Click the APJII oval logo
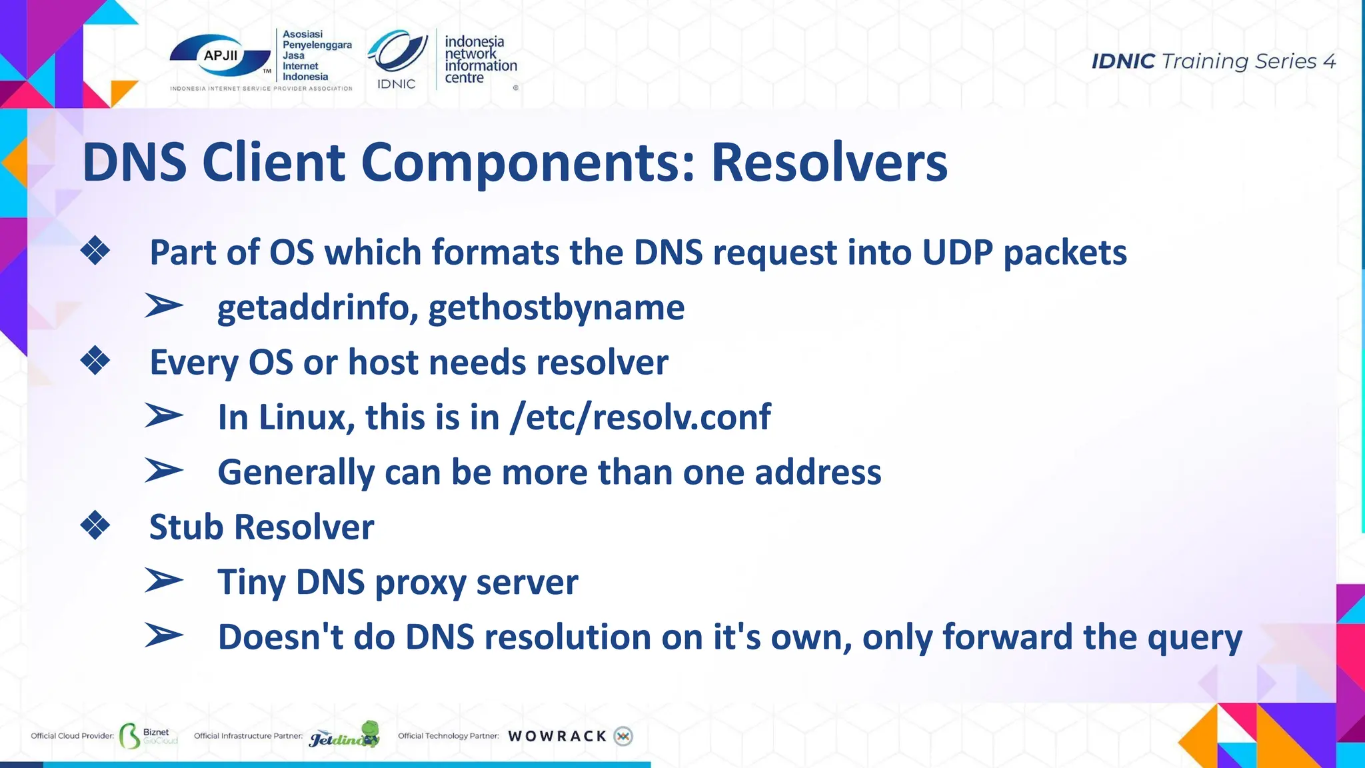pyautogui.click(x=220, y=57)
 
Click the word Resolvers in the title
pyautogui.click(x=828, y=162)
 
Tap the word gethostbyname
pyautogui.click(x=556, y=307)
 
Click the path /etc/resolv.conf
pyautogui.click(x=640, y=417)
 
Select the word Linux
pyautogui.click(x=306, y=417)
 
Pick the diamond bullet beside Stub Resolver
pyautogui.click(x=95, y=525)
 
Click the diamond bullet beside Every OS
pyautogui.click(x=95, y=361)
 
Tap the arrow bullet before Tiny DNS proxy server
pyautogui.click(x=163, y=581)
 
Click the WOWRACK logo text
pyautogui.click(x=557, y=736)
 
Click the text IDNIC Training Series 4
pyautogui.click(x=1213, y=61)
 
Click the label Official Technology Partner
pyautogui.click(x=448, y=736)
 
